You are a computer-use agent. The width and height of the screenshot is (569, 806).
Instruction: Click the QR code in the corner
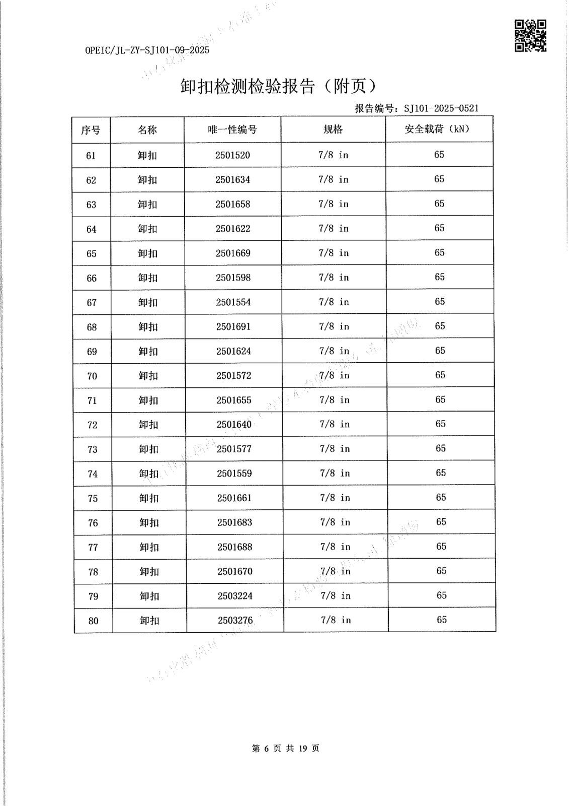click(x=530, y=36)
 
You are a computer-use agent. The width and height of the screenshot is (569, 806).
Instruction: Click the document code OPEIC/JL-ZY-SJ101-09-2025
click(x=147, y=50)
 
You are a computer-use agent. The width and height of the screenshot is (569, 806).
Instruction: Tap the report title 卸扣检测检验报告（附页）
click(x=278, y=87)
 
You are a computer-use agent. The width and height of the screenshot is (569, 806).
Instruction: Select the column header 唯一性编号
click(x=232, y=130)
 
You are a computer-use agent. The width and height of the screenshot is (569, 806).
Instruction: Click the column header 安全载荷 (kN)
click(x=437, y=129)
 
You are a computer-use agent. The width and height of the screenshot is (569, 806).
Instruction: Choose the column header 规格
click(x=333, y=129)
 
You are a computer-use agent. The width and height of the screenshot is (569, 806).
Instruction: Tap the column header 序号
click(x=91, y=130)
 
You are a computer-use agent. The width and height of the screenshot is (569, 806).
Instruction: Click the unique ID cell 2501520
click(x=232, y=155)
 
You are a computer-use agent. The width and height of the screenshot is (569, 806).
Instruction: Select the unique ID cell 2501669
click(x=233, y=253)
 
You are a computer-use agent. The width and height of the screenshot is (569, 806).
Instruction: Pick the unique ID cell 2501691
click(x=233, y=327)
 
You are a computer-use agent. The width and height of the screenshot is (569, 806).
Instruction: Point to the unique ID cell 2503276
click(x=235, y=620)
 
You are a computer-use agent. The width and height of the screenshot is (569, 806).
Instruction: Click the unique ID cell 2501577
click(x=234, y=449)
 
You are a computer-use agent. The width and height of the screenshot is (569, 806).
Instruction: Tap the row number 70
click(x=92, y=376)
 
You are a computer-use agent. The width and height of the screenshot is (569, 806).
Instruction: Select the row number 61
click(x=91, y=156)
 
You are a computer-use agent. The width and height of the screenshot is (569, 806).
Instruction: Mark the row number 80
click(x=94, y=621)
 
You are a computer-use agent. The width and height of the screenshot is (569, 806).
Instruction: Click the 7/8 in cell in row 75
click(x=335, y=498)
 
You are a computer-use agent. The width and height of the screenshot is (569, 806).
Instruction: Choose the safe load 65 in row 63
click(x=439, y=204)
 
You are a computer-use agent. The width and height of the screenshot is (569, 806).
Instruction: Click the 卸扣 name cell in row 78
click(x=149, y=572)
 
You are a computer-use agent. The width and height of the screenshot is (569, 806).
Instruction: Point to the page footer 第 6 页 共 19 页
click(x=285, y=749)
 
